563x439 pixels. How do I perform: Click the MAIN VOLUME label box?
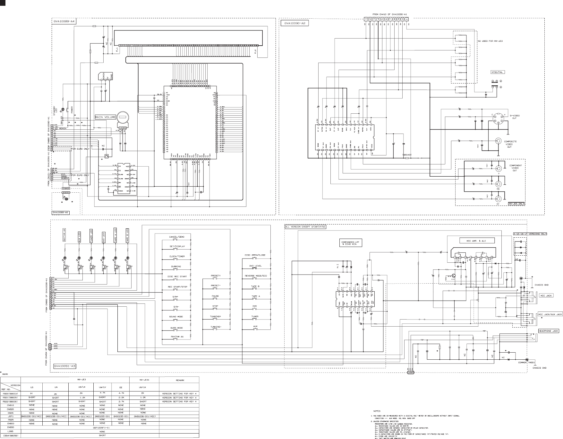click(x=105, y=117)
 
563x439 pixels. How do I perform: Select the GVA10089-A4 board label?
click(x=64, y=22)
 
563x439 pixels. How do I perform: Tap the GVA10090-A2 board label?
click(x=294, y=23)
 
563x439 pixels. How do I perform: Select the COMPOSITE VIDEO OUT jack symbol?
click(x=499, y=141)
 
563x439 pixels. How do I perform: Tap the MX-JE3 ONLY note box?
click(x=516, y=203)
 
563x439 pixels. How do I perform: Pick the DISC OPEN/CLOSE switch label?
click(x=255, y=255)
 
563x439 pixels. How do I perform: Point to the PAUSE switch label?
click(x=215, y=296)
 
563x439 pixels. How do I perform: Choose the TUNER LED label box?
click(x=91, y=236)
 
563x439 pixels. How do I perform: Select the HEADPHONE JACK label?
click(x=548, y=331)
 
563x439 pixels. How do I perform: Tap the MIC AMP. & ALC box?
click(x=476, y=241)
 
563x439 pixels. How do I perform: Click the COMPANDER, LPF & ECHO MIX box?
click(x=351, y=243)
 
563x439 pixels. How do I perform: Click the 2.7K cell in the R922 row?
click(x=121, y=401)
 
